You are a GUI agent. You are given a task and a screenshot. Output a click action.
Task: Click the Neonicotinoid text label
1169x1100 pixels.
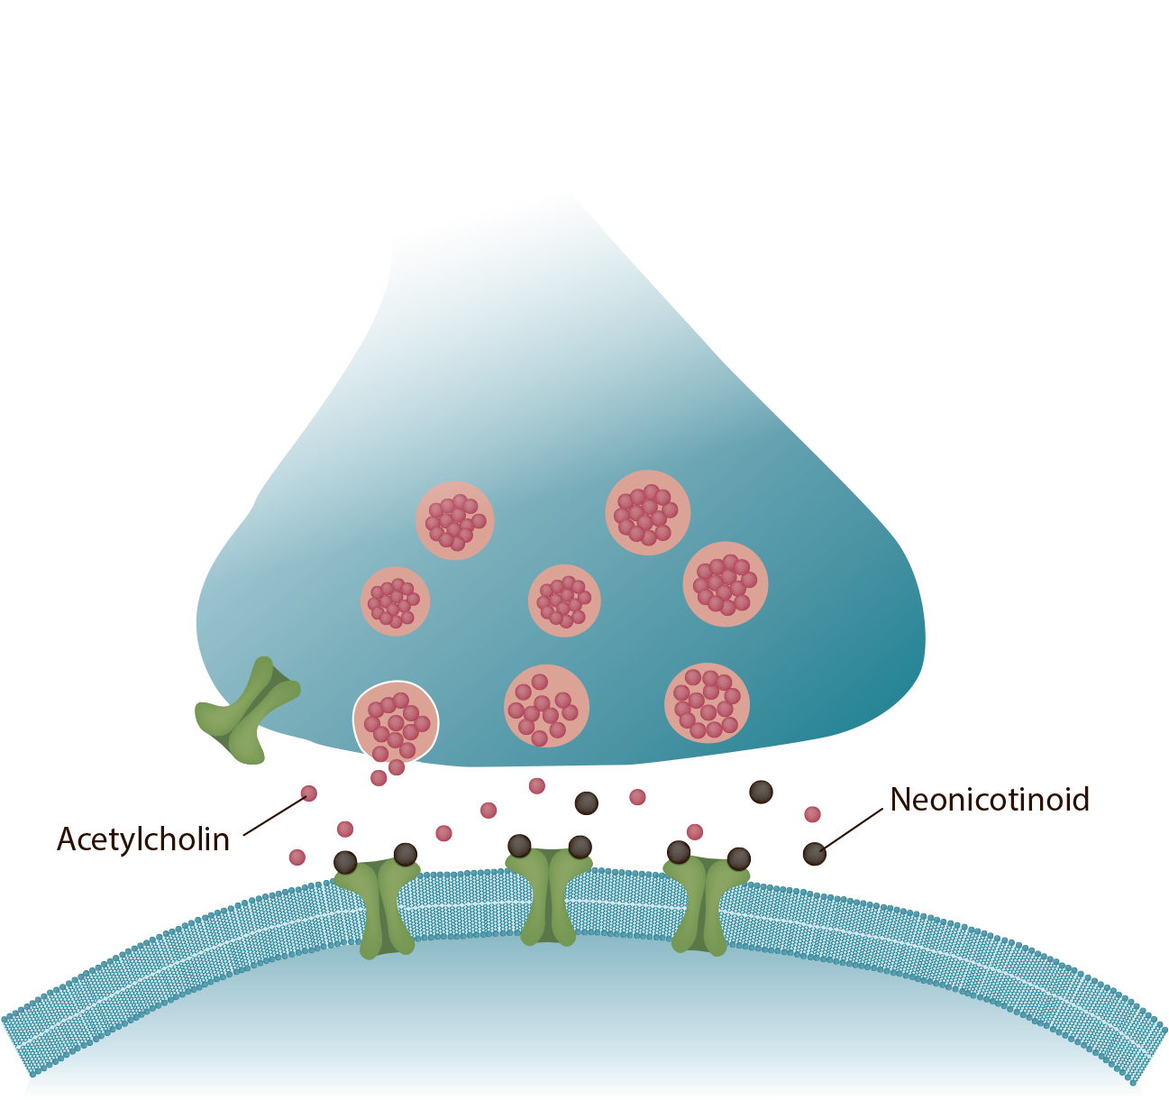point(990,800)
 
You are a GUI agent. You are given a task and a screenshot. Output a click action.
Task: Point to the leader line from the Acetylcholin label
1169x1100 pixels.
point(276,816)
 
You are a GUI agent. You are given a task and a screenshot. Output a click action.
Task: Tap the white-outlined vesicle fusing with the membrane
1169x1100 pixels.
point(396,722)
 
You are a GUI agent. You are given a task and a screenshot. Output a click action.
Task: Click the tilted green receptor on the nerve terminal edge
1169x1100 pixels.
point(247,710)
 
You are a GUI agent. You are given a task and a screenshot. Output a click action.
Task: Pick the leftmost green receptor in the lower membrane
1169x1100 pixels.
point(378,907)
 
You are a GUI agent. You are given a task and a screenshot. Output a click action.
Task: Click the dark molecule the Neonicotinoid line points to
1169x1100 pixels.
point(815,854)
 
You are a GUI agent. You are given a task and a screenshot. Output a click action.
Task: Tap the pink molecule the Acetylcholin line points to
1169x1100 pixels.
point(309,793)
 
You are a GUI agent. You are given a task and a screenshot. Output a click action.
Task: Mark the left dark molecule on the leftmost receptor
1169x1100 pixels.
point(345,863)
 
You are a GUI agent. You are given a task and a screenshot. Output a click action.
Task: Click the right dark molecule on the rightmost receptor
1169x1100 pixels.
point(739,859)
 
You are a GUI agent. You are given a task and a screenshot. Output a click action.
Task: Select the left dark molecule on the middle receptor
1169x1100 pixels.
point(519,847)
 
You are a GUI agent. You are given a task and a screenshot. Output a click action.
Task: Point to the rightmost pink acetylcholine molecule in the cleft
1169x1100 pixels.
point(812,814)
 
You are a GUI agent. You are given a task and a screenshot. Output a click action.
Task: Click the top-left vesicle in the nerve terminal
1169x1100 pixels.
point(454,520)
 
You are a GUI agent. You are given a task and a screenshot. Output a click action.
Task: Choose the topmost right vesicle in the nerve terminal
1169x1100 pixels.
point(647,512)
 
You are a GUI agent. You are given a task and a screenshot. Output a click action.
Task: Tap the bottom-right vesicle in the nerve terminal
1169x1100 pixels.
point(707,703)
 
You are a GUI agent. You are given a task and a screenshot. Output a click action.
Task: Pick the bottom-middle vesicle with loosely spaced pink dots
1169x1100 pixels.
point(546,706)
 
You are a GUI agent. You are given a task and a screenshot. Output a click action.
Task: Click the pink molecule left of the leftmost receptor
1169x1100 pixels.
point(297,857)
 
